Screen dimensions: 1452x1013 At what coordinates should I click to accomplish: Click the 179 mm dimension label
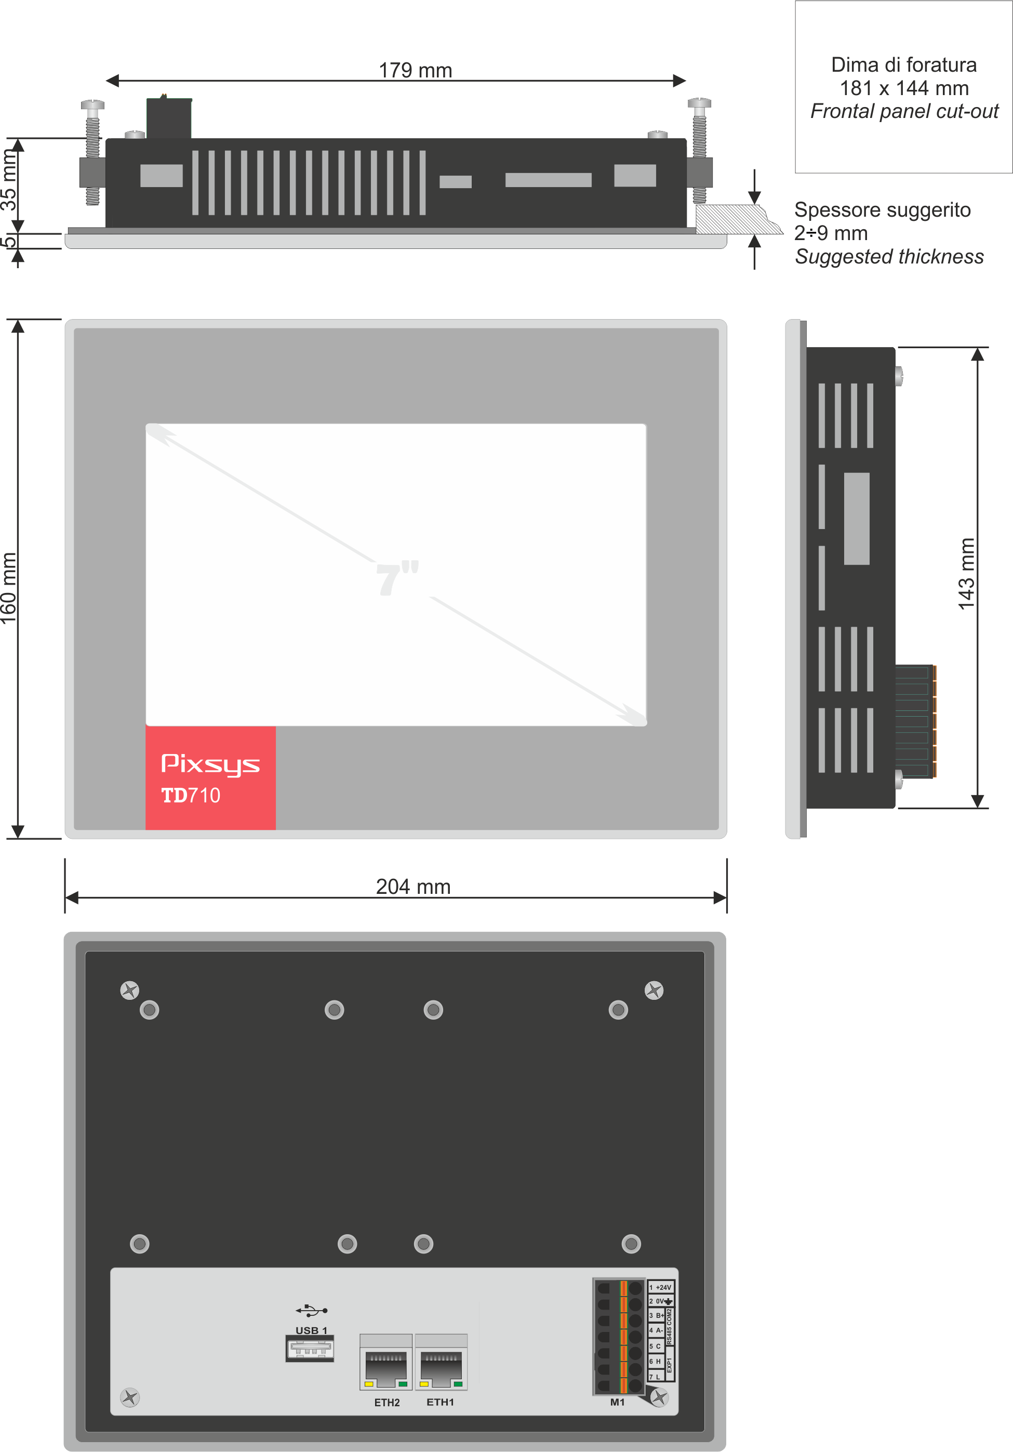click(x=415, y=70)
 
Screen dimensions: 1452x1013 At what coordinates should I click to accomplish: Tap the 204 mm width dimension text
click(x=413, y=886)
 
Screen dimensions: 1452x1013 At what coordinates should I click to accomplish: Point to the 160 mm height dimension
click(x=9, y=588)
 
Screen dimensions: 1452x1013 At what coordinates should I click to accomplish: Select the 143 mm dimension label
click(x=967, y=574)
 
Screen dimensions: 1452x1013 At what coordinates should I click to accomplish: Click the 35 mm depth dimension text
click(x=9, y=180)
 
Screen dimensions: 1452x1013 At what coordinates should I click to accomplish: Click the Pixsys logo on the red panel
click(x=210, y=764)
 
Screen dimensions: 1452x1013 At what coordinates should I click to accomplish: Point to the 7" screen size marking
click(x=397, y=577)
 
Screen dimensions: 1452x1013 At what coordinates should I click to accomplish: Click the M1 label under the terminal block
click(x=617, y=1402)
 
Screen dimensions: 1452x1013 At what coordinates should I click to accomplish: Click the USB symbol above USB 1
click(x=311, y=1310)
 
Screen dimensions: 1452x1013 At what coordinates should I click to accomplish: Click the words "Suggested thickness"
click(x=888, y=256)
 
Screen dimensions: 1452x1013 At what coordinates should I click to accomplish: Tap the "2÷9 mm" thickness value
click(x=830, y=233)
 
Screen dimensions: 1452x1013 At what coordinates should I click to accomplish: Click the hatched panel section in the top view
click(x=734, y=219)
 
